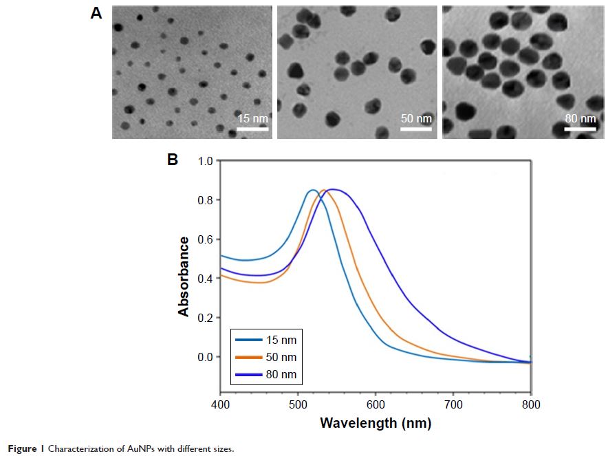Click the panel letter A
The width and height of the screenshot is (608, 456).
tap(96, 13)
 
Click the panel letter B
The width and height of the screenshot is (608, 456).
tap(173, 160)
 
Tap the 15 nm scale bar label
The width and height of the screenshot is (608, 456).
tap(252, 118)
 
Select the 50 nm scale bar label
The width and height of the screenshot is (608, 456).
tap(416, 118)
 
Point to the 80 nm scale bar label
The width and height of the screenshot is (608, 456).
tap(580, 118)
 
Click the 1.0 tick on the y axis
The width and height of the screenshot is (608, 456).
tap(205, 161)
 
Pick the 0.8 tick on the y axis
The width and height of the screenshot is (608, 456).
tap(205, 200)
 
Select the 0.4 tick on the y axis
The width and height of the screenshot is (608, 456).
tap(205, 279)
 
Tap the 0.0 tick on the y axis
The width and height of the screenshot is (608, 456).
tap(205, 357)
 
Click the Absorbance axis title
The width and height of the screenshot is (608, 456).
tap(184, 276)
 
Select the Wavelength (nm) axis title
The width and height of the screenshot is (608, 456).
tap(376, 422)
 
